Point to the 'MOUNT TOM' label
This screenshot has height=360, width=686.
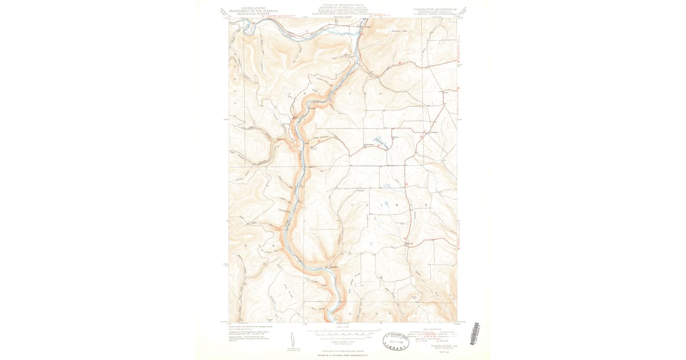tap(399, 31)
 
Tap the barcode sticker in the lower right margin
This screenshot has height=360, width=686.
tap(473, 334)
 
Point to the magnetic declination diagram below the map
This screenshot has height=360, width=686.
tap(291, 340)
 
